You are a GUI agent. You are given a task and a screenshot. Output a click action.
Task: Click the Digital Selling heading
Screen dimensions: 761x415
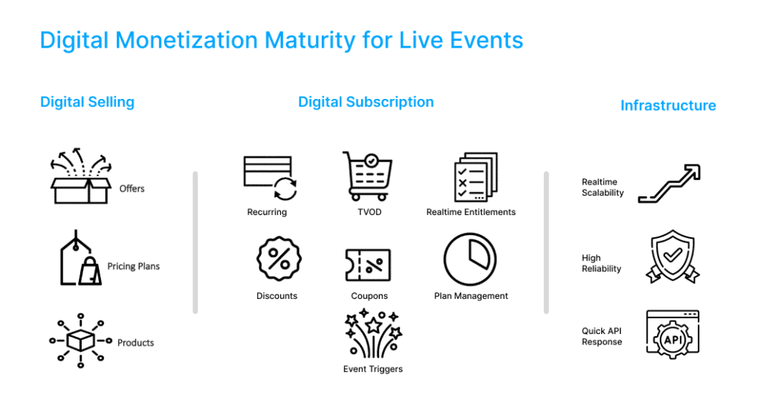[88, 102]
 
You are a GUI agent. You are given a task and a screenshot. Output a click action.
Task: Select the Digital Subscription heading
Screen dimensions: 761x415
[366, 102]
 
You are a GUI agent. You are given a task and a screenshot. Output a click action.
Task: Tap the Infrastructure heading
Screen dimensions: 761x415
[668, 106]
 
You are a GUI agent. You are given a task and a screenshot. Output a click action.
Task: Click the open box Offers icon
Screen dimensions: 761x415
[81, 176]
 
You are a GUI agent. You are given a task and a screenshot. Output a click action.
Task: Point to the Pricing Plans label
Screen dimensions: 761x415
[134, 266]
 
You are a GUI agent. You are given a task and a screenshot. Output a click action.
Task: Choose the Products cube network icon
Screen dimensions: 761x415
[80, 340]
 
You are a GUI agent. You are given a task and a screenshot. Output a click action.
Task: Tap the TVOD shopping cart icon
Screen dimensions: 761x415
[368, 176]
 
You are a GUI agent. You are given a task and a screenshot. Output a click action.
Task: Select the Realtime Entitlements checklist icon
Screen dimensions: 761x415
[476, 177]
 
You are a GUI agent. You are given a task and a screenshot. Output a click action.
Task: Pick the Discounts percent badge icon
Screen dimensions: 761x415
[279, 259]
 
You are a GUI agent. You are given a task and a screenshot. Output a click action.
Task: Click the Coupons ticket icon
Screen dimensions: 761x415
[368, 265]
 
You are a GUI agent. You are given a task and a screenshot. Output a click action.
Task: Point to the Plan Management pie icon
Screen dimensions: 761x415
[470, 259]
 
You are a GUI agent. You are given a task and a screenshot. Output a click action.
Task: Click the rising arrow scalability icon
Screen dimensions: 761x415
[670, 183]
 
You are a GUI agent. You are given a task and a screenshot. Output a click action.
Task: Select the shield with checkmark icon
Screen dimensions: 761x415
[673, 256]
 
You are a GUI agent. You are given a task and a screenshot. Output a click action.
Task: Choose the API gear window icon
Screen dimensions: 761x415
[673, 335]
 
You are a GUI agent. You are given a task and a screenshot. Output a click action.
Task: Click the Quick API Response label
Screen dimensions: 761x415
[602, 336]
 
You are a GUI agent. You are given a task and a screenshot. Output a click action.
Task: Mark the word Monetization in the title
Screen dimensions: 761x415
[187, 40]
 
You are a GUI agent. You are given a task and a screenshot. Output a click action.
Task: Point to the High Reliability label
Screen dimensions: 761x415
[601, 263]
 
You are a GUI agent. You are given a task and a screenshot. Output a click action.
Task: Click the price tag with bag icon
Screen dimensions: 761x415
[80, 258]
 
